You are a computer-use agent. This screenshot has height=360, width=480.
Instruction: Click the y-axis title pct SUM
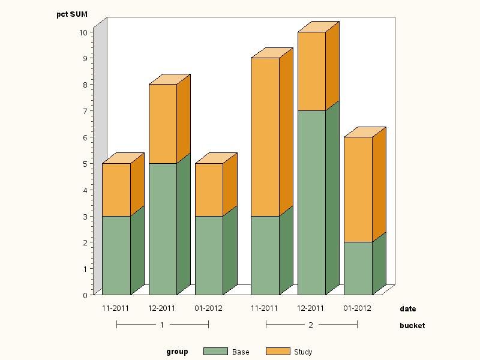[72, 14]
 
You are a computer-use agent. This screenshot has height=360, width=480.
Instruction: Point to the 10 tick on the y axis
[83, 32]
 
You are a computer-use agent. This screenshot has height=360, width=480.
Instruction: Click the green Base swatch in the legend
[215, 352]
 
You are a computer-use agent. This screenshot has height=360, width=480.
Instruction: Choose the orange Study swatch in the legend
[277, 352]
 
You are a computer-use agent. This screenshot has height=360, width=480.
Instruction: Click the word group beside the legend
[177, 352]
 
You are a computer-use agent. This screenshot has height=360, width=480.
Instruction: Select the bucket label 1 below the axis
[162, 325]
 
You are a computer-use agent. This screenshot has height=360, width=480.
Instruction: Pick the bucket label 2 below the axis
[311, 325]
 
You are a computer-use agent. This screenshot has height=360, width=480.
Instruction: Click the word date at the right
[408, 309]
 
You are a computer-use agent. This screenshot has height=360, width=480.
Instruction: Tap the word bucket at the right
[412, 325]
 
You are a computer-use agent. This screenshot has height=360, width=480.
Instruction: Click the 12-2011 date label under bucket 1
[162, 308]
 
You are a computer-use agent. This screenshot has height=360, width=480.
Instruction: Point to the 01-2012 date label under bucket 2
[358, 308]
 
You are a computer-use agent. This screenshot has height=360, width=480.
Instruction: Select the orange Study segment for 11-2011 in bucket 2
[265, 137]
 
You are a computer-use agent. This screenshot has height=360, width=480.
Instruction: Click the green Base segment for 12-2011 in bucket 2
[311, 202]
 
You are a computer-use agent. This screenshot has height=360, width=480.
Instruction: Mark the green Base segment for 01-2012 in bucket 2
[358, 268]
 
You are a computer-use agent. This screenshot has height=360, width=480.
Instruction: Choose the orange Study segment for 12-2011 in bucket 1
[163, 124]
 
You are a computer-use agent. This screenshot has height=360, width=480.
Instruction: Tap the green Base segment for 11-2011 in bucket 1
[116, 255]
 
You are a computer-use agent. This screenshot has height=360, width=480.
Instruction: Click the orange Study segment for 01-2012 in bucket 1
[209, 190]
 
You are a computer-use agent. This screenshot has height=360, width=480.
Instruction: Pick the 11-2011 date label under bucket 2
[264, 308]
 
